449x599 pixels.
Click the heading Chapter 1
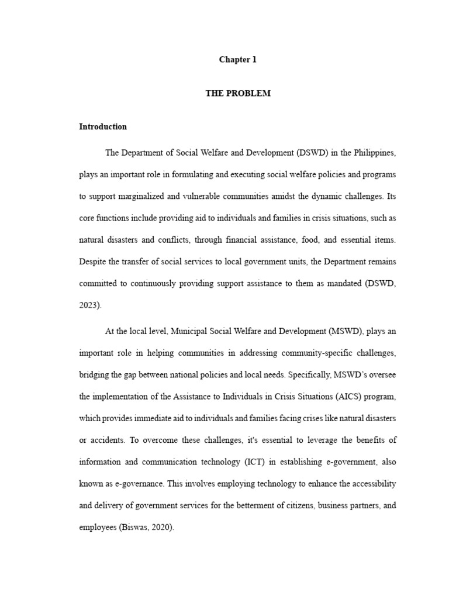(238, 60)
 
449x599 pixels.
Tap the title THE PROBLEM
(238, 94)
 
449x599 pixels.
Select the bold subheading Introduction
(103, 127)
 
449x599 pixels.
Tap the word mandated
(340, 284)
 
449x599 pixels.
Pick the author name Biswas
(135, 527)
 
